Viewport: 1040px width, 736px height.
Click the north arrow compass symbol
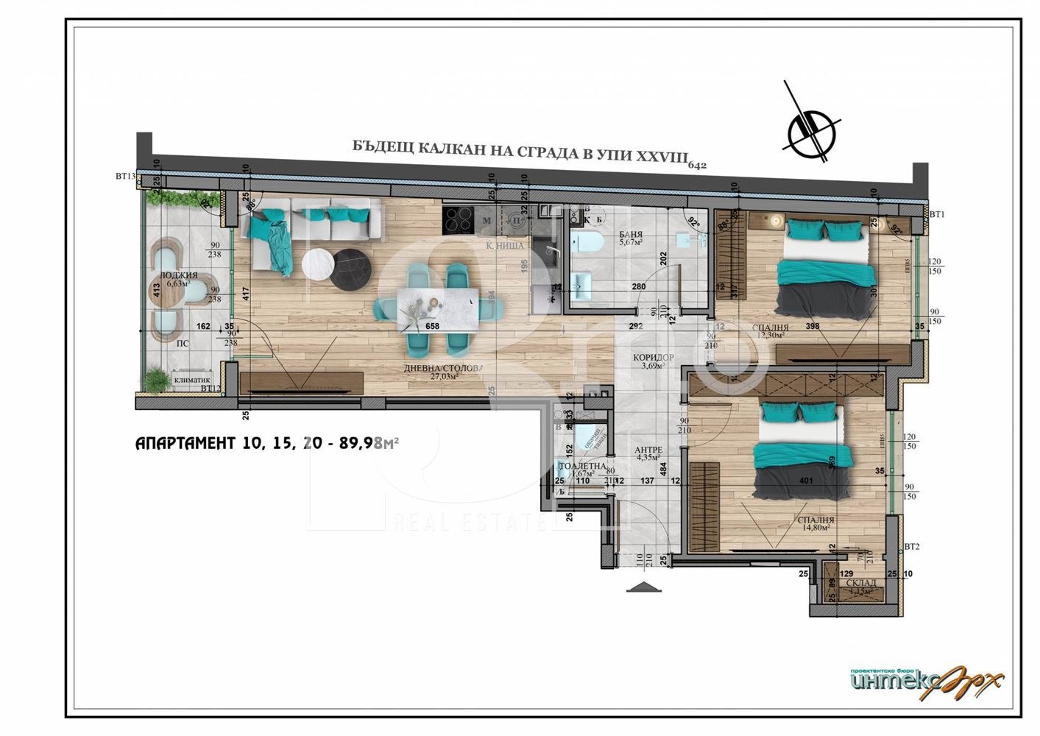[x=813, y=131]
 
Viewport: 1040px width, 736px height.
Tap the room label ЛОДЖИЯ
[x=179, y=275]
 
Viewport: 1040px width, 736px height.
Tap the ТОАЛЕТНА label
[x=582, y=466]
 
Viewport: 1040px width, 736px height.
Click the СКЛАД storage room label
[x=860, y=583]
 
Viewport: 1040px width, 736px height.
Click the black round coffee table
[x=350, y=270]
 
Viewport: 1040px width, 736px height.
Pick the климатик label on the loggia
[x=189, y=381]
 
